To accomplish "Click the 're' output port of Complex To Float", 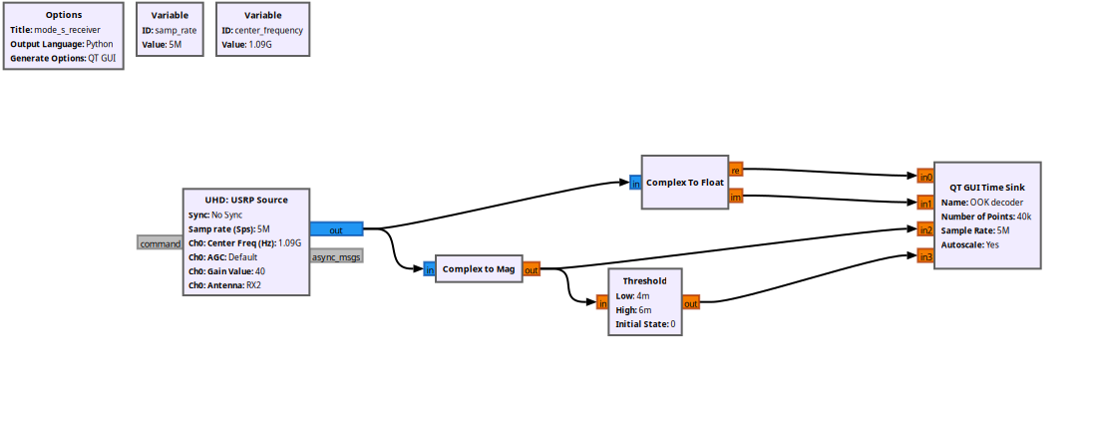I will coord(735,169).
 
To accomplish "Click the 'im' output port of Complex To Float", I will coord(735,197).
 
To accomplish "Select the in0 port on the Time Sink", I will coord(925,177).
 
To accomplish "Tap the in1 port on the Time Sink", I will coord(925,204).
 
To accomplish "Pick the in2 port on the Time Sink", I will coord(925,229).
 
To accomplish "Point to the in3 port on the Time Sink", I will coord(925,256).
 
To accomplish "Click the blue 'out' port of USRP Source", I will coord(336,229).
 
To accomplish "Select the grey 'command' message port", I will coord(160,243).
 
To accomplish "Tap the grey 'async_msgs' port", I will coord(336,256).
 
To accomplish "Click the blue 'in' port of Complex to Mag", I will coord(429,269).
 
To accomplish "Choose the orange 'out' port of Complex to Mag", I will coord(531,269).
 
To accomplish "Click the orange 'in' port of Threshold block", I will coord(602,303).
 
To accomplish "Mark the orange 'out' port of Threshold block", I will coord(690,303).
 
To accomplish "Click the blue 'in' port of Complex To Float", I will coord(635,184).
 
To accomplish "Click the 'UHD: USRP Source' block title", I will coord(245,200).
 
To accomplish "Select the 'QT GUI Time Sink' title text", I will coord(987,187).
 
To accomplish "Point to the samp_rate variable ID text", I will coord(176,30).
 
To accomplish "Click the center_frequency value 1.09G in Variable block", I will coord(262,44).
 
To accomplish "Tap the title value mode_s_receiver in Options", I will coord(68,30).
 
